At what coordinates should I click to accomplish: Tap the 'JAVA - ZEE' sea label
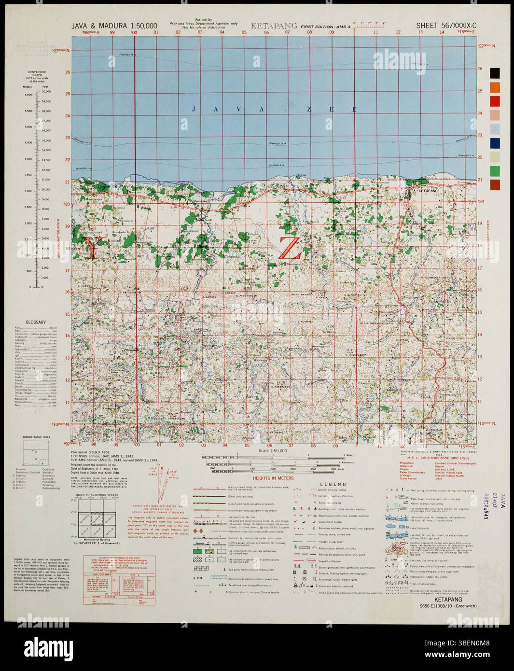click(x=274, y=110)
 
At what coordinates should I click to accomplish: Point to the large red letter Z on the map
click(x=290, y=247)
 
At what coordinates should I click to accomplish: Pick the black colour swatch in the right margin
click(x=495, y=73)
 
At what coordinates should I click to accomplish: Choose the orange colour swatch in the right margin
click(x=495, y=87)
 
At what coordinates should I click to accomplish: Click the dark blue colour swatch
click(x=495, y=143)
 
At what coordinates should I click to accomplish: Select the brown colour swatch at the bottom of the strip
click(x=495, y=184)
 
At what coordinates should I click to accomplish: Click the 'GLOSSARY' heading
click(x=36, y=322)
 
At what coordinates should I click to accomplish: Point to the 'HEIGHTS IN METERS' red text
click(x=274, y=478)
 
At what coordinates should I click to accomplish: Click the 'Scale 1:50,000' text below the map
click(x=273, y=449)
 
